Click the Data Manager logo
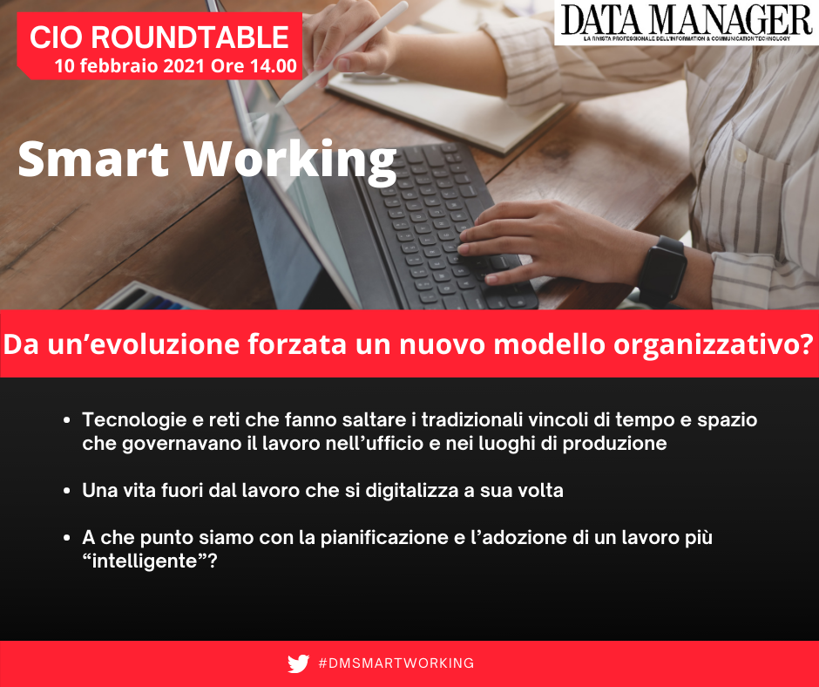pos(687,23)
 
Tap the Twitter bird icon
pos(298,663)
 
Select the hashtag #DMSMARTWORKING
pos(396,663)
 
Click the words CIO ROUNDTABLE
pos(159,37)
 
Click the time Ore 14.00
pos(254,66)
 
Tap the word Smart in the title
pos(93,159)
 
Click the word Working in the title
pos(289,162)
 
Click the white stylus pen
pos(342,53)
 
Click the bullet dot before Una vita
pos(66,491)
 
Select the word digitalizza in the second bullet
pos(409,491)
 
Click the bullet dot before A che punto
pos(66,538)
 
